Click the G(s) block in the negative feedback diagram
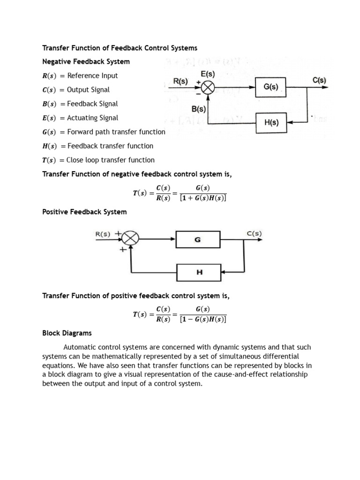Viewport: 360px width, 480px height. tap(270, 88)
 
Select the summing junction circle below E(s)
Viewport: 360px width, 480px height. tap(208, 88)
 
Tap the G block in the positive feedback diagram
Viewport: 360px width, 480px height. tap(198, 240)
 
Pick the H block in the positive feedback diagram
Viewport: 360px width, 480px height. tap(199, 272)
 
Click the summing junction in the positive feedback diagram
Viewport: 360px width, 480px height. tap(131, 239)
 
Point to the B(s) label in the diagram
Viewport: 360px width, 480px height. tap(199, 109)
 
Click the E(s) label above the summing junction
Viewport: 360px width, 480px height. tap(207, 74)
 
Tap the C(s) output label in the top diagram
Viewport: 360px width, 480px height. tap(319, 80)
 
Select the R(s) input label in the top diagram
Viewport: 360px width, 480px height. tap(180, 81)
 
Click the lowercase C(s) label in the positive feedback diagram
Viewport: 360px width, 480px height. tap(254, 233)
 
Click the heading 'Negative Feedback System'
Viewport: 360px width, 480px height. tap(86, 61)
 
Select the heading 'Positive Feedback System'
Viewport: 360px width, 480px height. tap(84, 212)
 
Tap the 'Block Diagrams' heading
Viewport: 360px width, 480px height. tap(67, 333)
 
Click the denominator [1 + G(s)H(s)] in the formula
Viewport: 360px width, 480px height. tap(203, 198)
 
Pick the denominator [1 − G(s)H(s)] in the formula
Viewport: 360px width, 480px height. tap(203, 320)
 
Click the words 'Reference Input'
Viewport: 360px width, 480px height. tap(92, 75)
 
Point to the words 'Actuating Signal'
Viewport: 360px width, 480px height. tap(92, 118)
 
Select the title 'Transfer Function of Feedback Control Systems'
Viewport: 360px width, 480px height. tap(120, 48)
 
